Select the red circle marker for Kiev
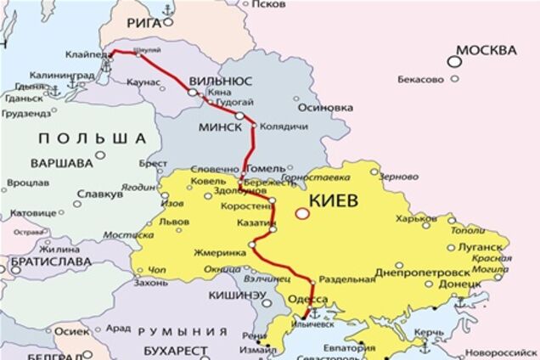click(x=301, y=214)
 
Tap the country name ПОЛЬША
click(x=92, y=138)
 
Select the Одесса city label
click(x=309, y=300)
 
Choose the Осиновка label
click(x=326, y=108)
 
